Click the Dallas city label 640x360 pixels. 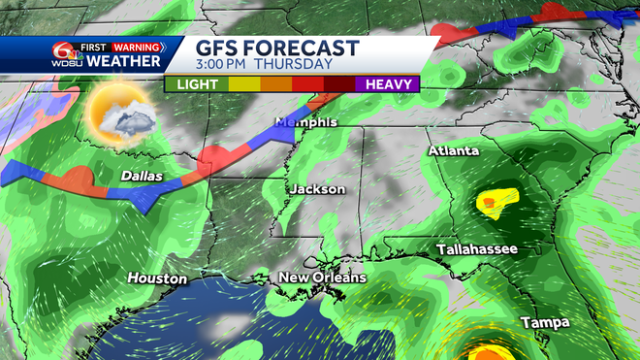pyautogui.click(x=142, y=176)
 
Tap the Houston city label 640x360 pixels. pyautogui.click(x=156, y=278)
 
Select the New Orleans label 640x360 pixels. pyautogui.click(x=322, y=278)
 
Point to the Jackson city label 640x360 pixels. pyautogui.click(x=317, y=188)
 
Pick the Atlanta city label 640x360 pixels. pyautogui.click(x=455, y=151)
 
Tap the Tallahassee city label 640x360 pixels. pyautogui.click(x=476, y=249)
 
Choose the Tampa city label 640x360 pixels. pyautogui.click(x=544, y=321)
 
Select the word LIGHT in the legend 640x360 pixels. pyautogui.click(x=197, y=83)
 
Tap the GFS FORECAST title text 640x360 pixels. pyautogui.click(x=277, y=49)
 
